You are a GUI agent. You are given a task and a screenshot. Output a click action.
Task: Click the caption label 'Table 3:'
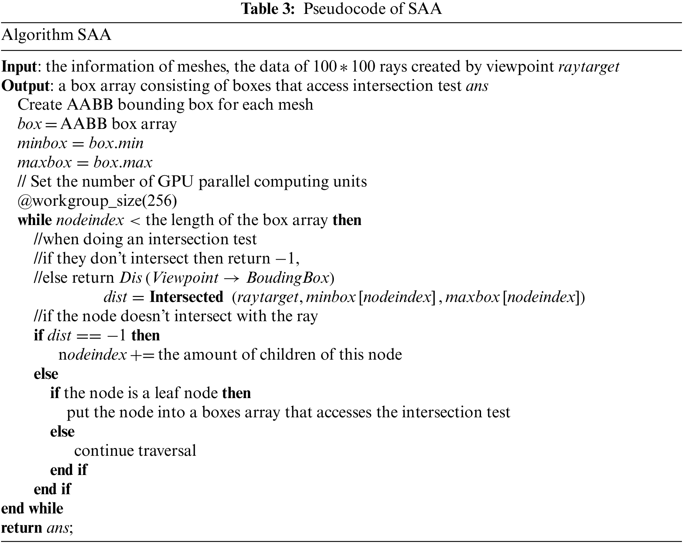(268, 8)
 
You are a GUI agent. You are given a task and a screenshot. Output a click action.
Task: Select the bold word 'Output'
(25, 86)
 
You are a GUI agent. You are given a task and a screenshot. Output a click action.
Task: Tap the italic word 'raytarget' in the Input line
(589, 67)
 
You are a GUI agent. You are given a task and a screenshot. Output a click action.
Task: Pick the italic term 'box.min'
(116, 143)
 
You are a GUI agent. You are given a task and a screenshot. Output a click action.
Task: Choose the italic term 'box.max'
(123, 162)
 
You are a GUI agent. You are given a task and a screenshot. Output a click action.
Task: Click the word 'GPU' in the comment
(176, 182)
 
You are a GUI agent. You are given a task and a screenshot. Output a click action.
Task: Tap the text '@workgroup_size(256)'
(97, 201)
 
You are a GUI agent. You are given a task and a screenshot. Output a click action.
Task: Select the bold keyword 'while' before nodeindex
(34, 220)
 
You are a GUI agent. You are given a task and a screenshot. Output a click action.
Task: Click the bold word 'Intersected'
(186, 297)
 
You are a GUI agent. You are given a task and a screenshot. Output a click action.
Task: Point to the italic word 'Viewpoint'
(185, 278)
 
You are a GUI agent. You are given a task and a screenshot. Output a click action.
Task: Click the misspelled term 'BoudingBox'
(288, 278)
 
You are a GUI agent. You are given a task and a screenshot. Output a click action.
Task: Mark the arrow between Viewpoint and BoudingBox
(232, 278)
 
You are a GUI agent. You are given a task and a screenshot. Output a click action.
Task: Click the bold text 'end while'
(32, 508)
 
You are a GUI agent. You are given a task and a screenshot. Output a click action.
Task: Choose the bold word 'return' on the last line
(22, 528)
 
